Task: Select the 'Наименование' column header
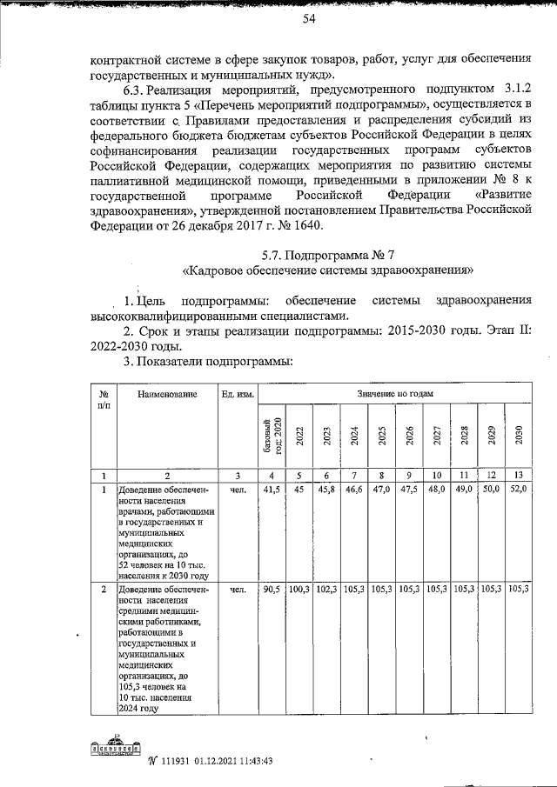[x=167, y=395]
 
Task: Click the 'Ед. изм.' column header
[x=238, y=395]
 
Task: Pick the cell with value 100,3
[x=299, y=590]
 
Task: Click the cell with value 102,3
[x=326, y=590]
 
